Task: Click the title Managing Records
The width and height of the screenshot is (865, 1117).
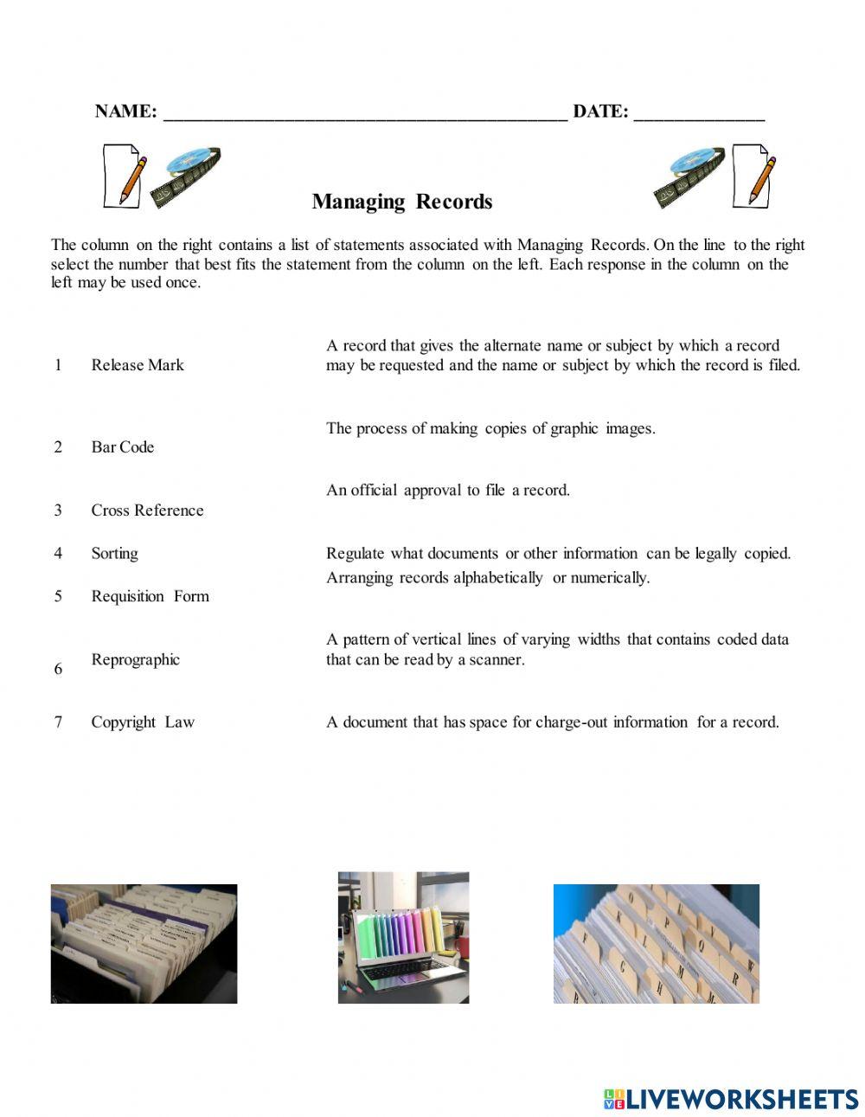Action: coord(402,202)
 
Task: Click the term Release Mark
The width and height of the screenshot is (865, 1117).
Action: coord(138,365)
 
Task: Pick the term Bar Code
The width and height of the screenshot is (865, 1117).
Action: coord(123,447)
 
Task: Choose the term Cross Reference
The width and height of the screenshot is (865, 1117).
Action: coord(147,510)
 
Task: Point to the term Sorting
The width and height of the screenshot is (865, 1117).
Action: coord(114,554)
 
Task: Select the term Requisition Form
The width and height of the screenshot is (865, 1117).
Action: coord(150,596)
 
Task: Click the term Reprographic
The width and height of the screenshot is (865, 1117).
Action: coord(135,659)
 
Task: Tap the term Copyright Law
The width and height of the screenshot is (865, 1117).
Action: coord(143,722)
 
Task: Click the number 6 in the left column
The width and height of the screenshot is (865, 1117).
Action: coord(58,669)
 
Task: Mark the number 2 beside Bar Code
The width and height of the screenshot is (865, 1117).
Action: coord(58,447)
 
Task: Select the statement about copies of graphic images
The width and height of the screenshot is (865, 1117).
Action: coord(490,428)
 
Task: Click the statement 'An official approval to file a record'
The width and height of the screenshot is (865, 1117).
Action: coord(448,491)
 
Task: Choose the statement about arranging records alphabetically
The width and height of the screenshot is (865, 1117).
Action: coord(487,578)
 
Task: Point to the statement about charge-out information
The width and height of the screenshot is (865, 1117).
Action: coord(552,722)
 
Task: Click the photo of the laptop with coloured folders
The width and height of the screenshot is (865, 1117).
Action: coord(403,937)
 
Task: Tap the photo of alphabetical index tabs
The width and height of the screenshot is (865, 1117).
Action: coord(656,943)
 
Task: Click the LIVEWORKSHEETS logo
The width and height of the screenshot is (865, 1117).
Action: coord(731,1099)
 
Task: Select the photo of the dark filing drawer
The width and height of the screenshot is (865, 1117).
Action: coord(144,943)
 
